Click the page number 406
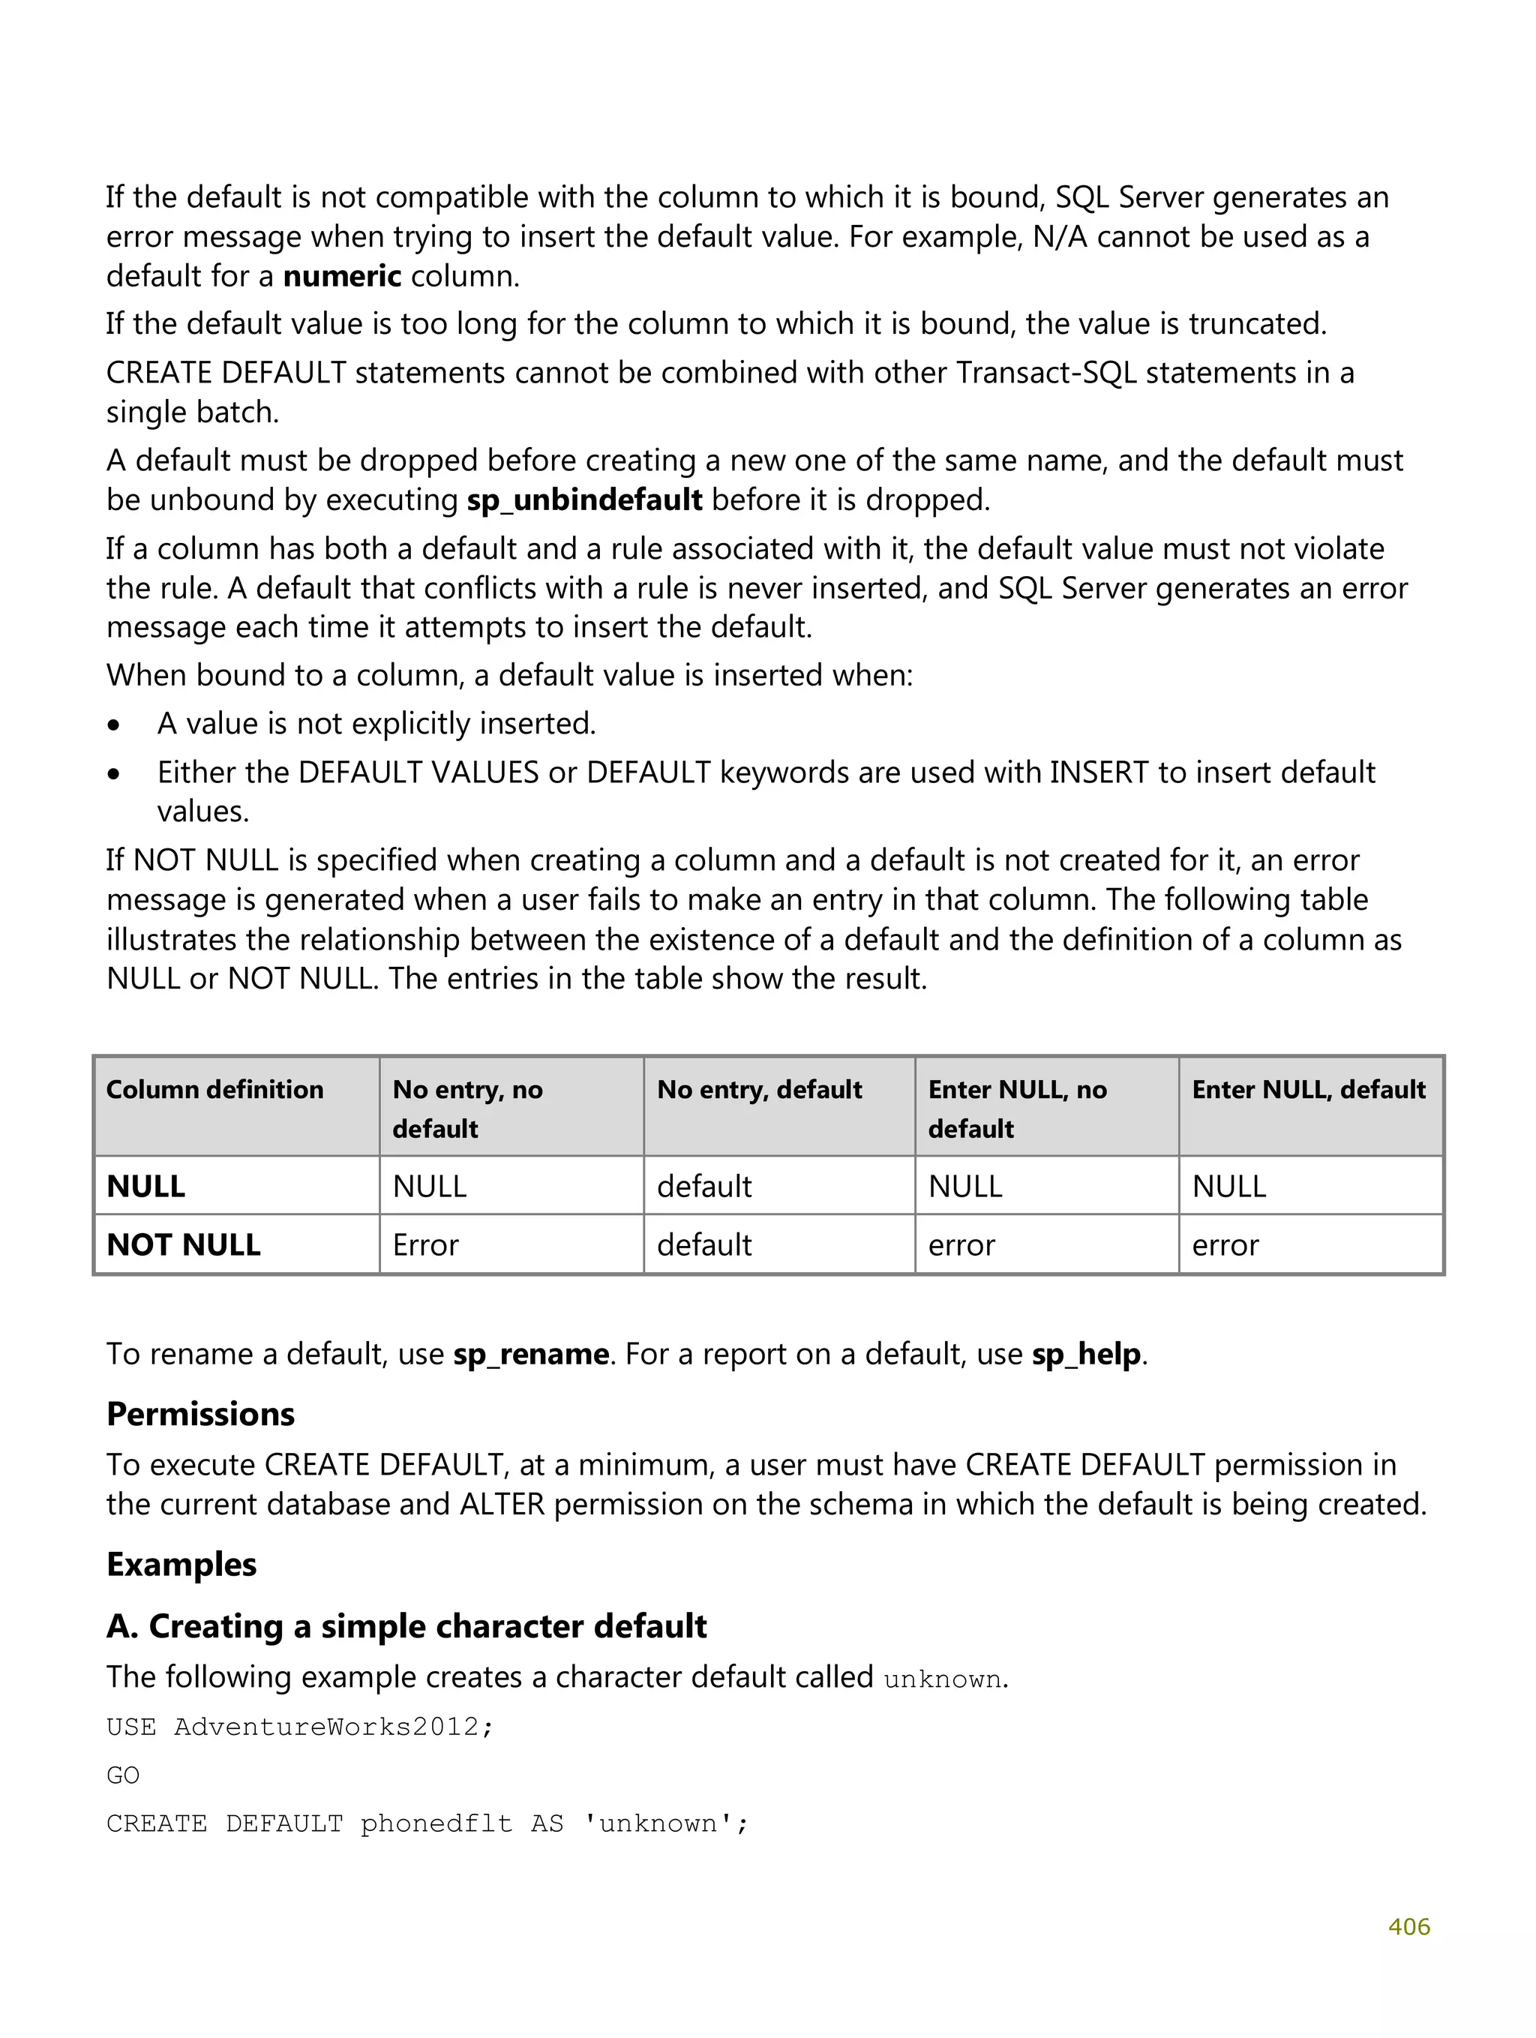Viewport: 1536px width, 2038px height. [x=1408, y=1926]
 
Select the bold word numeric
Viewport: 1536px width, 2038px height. [x=342, y=276]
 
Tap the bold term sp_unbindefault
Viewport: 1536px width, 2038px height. [x=584, y=500]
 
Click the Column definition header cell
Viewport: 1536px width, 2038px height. [x=214, y=1090]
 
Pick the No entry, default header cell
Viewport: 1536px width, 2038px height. [x=758, y=1090]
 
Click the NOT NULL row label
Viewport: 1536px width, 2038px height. [x=183, y=1244]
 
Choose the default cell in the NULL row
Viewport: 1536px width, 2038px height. [x=704, y=1187]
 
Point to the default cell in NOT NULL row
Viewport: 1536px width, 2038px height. [x=704, y=1244]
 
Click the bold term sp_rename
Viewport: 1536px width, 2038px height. [x=531, y=1355]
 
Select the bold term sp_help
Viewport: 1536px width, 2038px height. [x=1085, y=1355]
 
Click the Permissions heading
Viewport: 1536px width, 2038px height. [x=200, y=1414]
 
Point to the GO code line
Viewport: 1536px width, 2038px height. [x=122, y=1775]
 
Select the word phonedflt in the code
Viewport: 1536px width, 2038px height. [x=436, y=1824]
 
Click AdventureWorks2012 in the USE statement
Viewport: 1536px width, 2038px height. [x=326, y=1727]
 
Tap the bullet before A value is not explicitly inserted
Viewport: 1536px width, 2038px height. [x=113, y=726]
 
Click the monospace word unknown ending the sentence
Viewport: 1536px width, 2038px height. [x=942, y=1679]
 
